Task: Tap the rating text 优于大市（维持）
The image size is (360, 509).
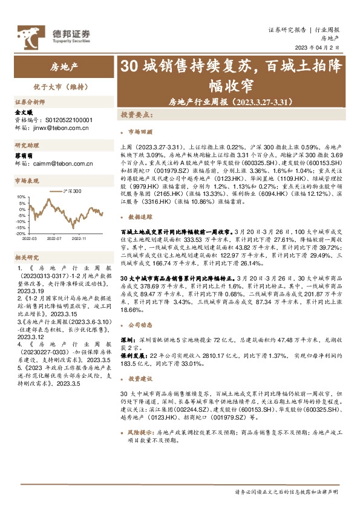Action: (x=59, y=87)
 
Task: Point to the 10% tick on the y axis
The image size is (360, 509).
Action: (x=21, y=197)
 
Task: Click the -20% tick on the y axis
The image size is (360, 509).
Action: (x=21, y=233)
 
